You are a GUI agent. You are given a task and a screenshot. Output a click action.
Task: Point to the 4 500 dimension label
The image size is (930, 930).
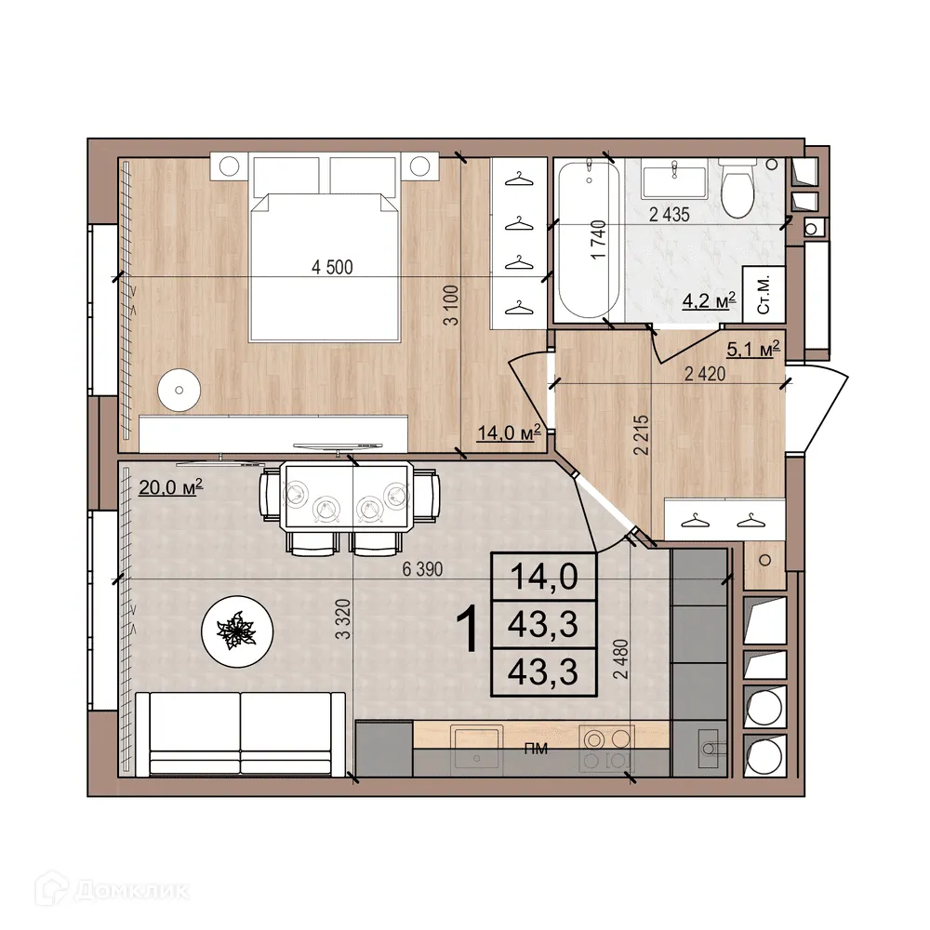click(333, 268)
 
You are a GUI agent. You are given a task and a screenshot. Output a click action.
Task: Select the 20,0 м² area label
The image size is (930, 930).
click(170, 486)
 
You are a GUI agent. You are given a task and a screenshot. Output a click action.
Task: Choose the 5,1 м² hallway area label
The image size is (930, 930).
click(751, 349)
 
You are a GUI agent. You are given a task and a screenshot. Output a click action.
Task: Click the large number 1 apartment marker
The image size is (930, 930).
click(469, 630)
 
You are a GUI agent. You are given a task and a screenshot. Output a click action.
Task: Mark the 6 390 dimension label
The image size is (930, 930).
click(421, 570)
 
